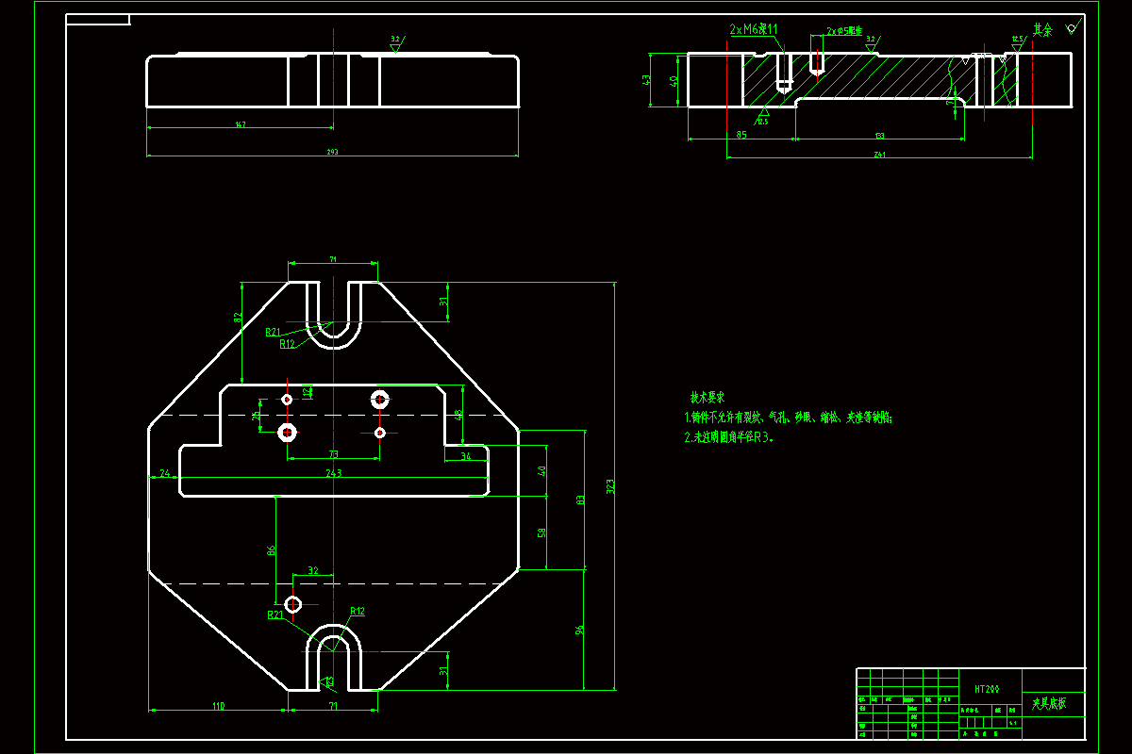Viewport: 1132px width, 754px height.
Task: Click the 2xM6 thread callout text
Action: click(x=754, y=30)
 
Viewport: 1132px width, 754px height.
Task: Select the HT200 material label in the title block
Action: click(x=986, y=690)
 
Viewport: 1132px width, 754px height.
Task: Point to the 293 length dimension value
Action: click(x=332, y=152)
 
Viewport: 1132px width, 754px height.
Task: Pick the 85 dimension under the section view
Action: click(x=741, y=136)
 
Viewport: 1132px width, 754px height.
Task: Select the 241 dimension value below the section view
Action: click(x=879, y=154)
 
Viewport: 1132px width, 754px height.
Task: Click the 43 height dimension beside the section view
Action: click(x=647, y=80)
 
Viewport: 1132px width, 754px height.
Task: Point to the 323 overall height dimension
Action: click(x=609, y=487)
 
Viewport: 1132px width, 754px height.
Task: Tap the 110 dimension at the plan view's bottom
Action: click(x=218, y=705)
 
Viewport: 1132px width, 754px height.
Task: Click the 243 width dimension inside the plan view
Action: click(x=333, y=473)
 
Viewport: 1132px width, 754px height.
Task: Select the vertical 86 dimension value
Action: click(x=271, y=550)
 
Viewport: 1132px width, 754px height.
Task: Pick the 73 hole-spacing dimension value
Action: click(x=333, y=454)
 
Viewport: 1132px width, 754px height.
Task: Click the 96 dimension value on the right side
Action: click(x=580, y=630)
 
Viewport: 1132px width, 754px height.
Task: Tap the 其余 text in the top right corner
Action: click(x=1041, y=30)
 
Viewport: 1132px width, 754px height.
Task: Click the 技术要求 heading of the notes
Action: click(x=707, y=399)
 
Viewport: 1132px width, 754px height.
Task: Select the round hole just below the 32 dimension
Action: click(x=293, y=603)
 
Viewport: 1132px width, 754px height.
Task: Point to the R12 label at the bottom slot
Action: click(x=358, y=612)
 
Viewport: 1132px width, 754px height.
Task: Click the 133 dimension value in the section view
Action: click(x=879, y=136)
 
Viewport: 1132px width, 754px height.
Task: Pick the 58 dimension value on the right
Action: click(x=541, y=533)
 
